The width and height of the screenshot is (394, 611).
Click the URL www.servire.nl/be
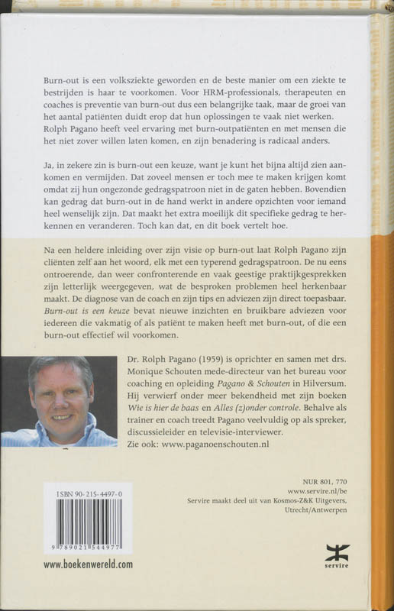[334, 495]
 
